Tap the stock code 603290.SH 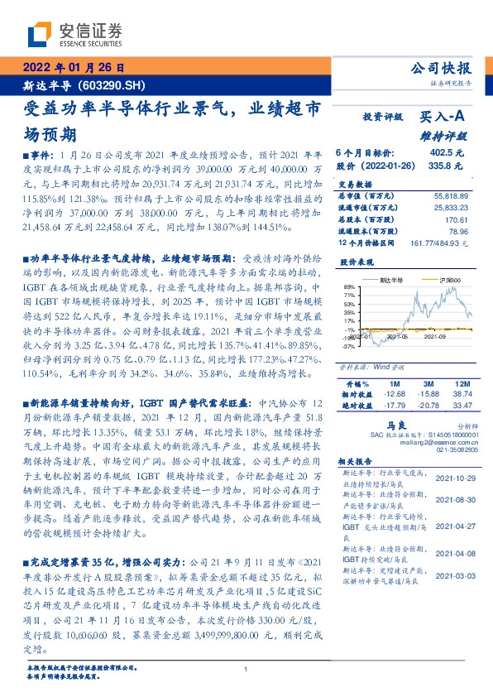click(x=113, y=84)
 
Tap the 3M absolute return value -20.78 click(x=427, y=406)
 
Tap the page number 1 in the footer click(x=247, y=669)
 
